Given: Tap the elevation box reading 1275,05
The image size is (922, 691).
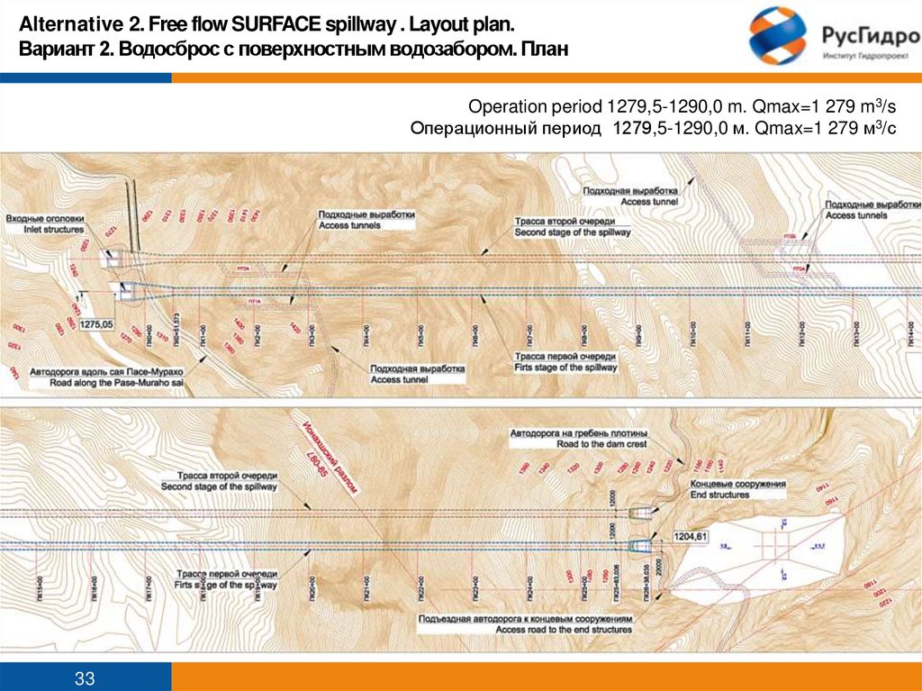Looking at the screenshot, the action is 96,323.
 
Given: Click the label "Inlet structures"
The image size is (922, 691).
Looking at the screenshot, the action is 46,231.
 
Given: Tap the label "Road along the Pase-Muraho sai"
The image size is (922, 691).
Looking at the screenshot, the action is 107,382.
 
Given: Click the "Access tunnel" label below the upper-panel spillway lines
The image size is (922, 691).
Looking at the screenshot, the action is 400,379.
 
